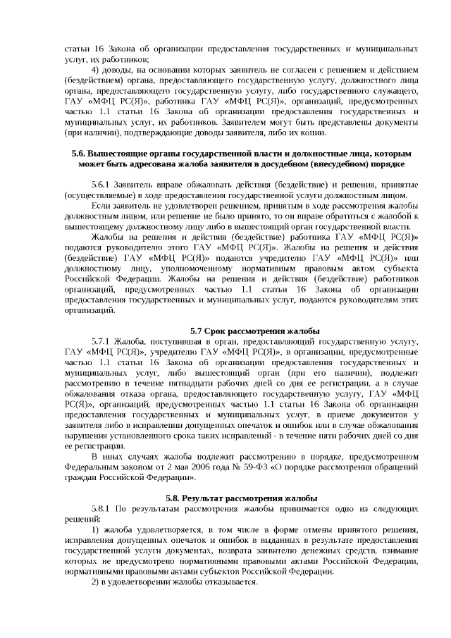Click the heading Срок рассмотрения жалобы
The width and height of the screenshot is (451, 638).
click(x=257, y=331)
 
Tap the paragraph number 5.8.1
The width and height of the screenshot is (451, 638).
click(x=104, y=509)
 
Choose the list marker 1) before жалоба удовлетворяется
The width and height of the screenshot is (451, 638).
click(x=97, y=529)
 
